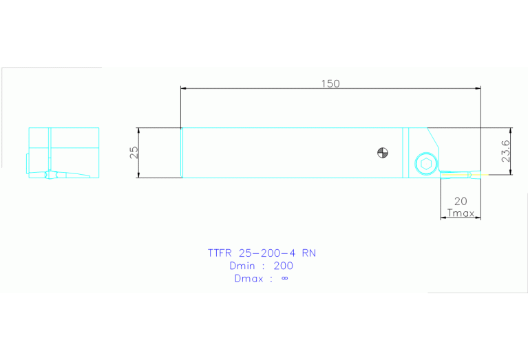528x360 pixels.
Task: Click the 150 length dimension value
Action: (330, 83)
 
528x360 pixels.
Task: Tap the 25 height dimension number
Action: (135, 152)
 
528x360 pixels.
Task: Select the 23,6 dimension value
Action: (506, 151)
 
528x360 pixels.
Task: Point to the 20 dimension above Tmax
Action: (461, 201)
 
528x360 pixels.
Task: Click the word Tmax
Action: (461, 213)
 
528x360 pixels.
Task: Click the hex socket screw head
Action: (425, 164)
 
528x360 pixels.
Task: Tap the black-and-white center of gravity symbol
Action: (383, 152)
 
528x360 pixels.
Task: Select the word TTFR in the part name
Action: (221, 253)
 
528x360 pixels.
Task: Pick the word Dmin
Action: (242, 266)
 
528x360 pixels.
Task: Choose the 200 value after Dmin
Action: (283, 266)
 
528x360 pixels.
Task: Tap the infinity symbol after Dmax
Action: (285, 279)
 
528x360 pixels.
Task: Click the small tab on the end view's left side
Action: (28, 165)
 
